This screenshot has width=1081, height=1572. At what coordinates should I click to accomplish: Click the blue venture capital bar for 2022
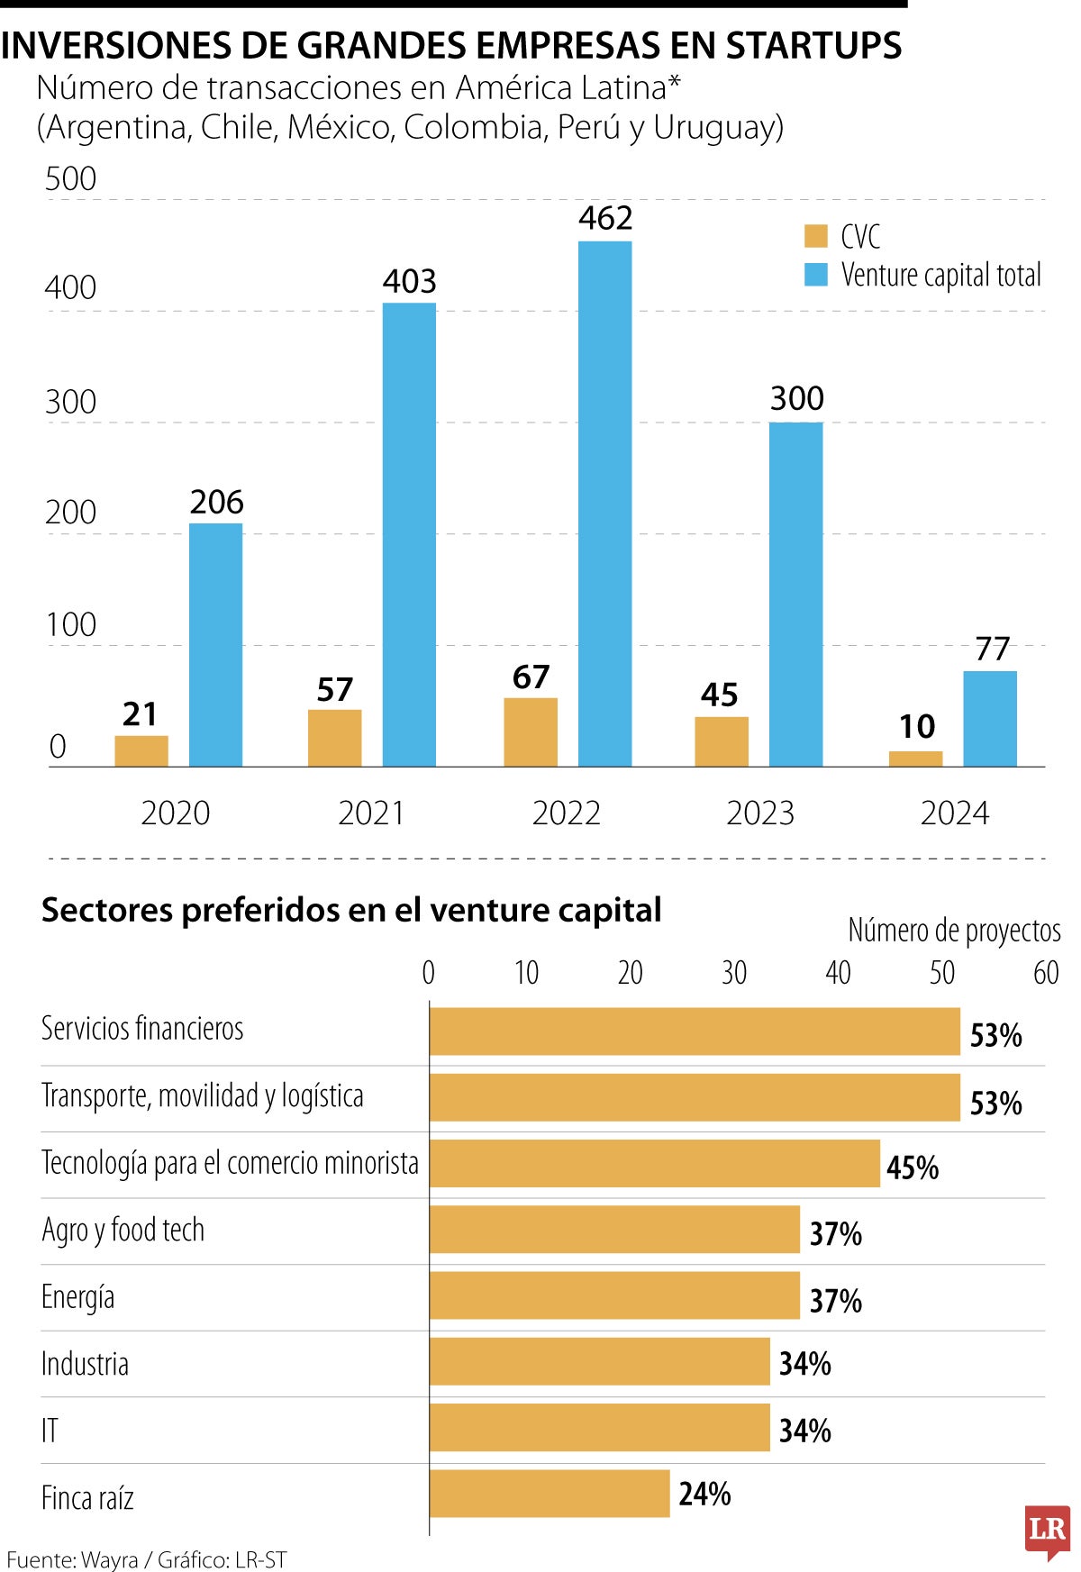[604, 504]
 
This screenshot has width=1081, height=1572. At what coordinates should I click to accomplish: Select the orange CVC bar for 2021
[334, 738]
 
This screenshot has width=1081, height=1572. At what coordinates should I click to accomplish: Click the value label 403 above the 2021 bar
[409, 282]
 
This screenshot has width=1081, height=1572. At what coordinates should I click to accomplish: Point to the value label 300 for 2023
[796, 398]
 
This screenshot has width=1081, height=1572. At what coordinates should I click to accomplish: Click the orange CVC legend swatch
[815, 236]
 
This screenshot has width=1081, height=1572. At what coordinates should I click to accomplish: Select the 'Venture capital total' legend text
[940, 275]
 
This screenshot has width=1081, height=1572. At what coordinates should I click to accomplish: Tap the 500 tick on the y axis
[70, 178]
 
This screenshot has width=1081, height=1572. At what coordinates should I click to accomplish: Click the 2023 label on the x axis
[760, 813]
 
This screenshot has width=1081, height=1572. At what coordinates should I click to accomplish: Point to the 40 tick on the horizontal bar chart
[838, 973]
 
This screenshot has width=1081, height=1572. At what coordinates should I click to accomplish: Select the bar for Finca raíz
[550, 1494]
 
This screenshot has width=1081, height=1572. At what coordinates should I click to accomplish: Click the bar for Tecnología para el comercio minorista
[655, 1163]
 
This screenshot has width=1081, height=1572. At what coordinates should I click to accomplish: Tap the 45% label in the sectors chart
[912, 1168]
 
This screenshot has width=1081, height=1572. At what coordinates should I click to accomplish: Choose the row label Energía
[77, 1297]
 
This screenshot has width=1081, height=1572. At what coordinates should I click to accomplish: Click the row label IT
[50, 1431]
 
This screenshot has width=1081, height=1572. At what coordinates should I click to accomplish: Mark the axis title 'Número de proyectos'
[954, 930]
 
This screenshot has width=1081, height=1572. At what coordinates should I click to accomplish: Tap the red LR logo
[1047, 1531]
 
